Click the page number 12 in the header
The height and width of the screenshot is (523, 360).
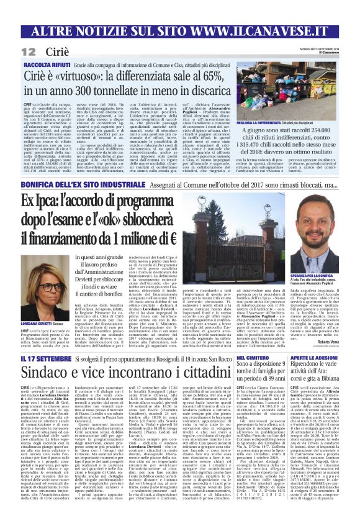[27, 51]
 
